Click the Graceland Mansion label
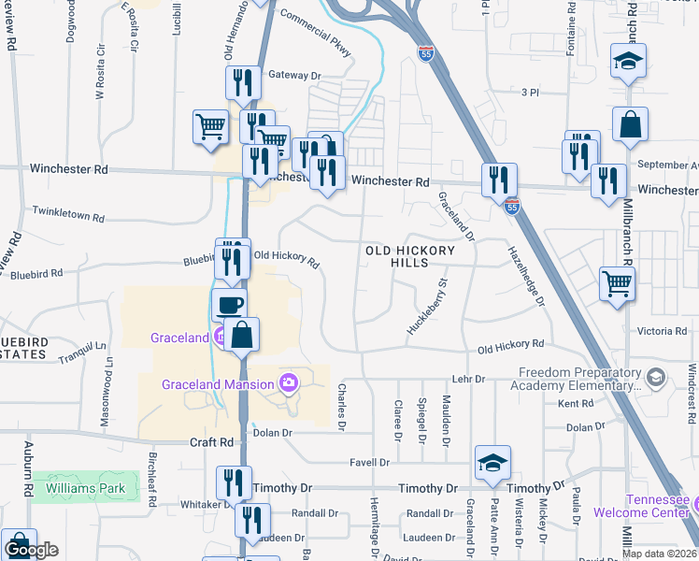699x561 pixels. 218,383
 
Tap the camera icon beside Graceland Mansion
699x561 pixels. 289,382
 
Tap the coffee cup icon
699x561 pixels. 229,305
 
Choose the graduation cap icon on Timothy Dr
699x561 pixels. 492,463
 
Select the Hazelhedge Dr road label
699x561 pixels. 526,275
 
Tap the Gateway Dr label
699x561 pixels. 294,75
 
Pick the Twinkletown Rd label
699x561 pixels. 67,214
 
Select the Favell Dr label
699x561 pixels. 369,462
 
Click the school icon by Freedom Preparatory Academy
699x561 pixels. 655,377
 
